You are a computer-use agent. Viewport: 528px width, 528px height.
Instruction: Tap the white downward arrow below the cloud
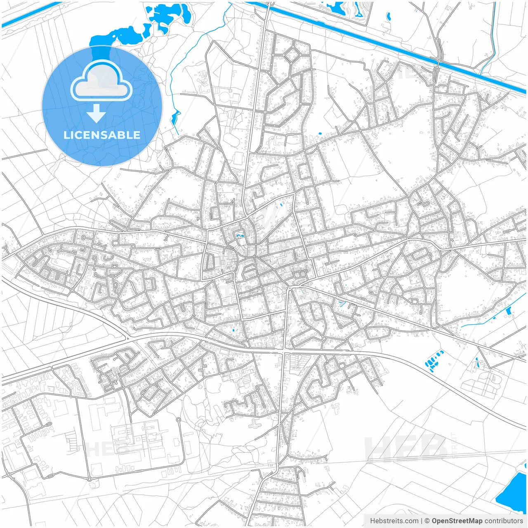(96, 113)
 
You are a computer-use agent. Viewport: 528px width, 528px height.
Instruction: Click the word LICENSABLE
(102, 135)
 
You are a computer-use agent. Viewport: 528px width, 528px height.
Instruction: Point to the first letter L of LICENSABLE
(66, 135)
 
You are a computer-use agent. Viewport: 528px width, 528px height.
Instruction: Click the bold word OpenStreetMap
(457, 521)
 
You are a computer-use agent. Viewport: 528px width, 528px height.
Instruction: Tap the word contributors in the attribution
(504, 521)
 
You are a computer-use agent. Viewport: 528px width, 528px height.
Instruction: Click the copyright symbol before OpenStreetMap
(427, 521)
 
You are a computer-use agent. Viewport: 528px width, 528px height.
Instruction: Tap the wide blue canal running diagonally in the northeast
(371, 39)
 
